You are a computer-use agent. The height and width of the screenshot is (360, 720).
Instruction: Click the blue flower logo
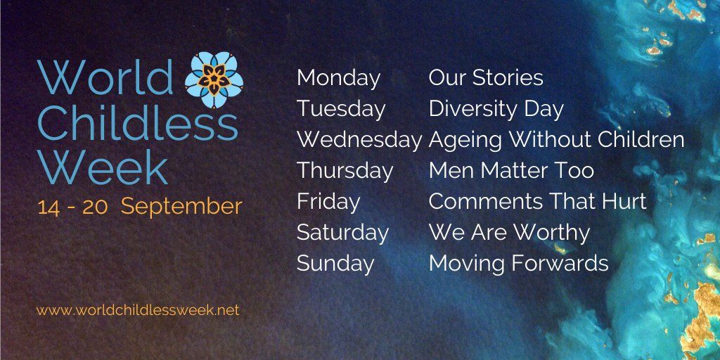[214, 80]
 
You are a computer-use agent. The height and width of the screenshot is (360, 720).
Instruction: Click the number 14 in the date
[49, 208]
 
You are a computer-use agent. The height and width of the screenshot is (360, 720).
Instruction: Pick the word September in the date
[181, 207]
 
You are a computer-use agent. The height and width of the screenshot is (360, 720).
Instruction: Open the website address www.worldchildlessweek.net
[138, 310]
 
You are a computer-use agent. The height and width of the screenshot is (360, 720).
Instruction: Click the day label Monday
[338, 79]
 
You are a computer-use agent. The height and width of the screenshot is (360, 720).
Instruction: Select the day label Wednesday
[359, 140]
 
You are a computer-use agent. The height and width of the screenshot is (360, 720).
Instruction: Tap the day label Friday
[328, 202]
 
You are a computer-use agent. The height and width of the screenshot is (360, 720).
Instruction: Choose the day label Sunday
[335, 264]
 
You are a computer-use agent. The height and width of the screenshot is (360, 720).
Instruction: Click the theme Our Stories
[486, 78]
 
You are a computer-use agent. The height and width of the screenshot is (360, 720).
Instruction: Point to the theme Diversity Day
[496, 110]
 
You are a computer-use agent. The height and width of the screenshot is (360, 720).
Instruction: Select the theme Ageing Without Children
[557, 140]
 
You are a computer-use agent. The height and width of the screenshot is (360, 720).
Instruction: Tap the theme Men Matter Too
[512, 170]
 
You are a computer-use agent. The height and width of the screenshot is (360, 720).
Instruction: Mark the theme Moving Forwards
[518, 263]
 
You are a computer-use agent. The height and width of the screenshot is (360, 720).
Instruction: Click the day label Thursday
[345, 171]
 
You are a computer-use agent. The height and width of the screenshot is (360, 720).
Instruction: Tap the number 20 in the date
[95, 208]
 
